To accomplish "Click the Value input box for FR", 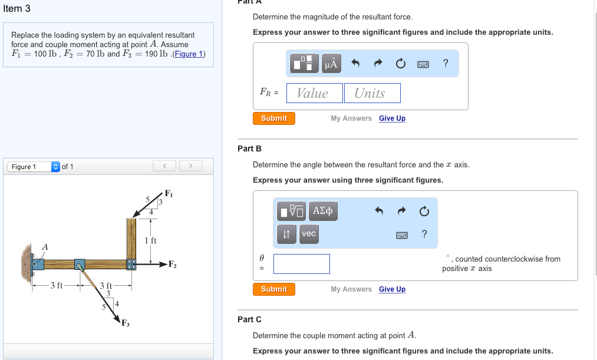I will click(314, 93).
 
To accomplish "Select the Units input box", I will click(372, 93).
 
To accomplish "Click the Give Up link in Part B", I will click(392, 289).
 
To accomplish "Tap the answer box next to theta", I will click(301, 264).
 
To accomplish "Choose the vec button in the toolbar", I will click(309, 234).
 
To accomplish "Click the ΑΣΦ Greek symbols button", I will click(323, 211).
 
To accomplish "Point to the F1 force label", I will click(169, 193).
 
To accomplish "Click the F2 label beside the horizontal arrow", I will click(173, 263).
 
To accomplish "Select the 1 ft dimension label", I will click(150, 240).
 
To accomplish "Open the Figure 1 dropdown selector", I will click(56, 167).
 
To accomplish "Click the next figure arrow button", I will click(191, 166).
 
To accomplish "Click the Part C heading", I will click(249, 319).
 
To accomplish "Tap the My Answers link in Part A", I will click(351, 118).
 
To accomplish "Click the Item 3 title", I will click(17, 8).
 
